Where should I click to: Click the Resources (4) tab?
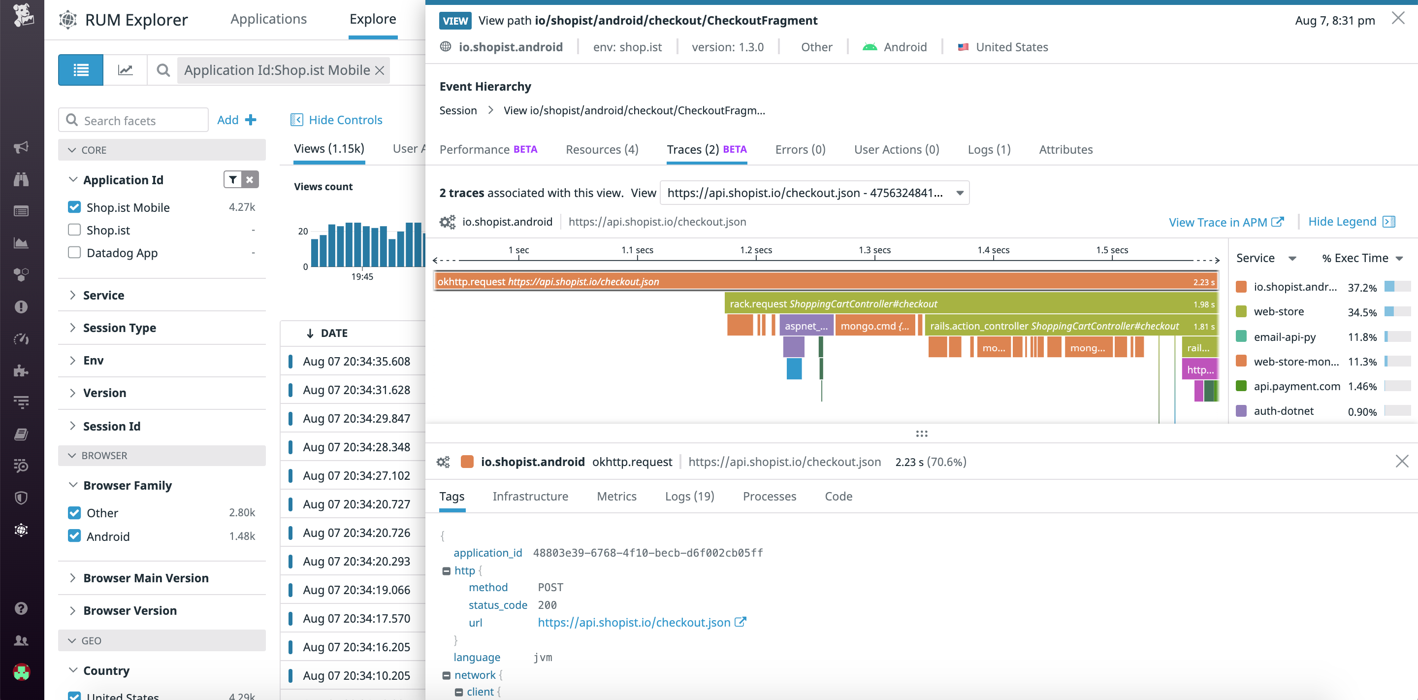[x=602, y=149]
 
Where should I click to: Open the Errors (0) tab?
[x=800, y=149]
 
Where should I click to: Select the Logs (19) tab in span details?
[x=689, y=496]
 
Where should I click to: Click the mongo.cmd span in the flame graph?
[x=874, y=326]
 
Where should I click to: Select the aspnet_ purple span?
[x=806, y=326]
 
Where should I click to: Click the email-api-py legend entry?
[x=1284, y=336]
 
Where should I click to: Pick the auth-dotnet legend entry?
[x=1283, y=411]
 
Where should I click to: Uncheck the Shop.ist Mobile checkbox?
[x=74, y=207]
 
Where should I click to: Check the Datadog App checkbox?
[x=74, y=252]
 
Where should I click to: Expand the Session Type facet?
[x=119, y=328]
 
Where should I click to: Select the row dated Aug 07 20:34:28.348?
[x=356, y=447]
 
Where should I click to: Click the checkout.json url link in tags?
[x=634, y=622]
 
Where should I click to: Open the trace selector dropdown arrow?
[x=960, y=193]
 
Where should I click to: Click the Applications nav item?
[x=268, y=19]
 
